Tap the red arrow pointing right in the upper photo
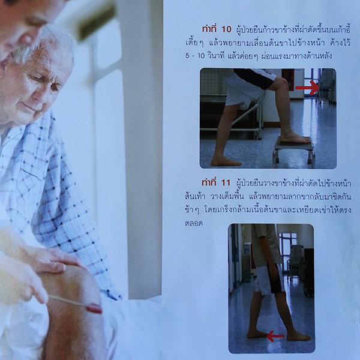pyautogui.click(x=307, y=89)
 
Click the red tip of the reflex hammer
pyautogui.click(x=94, y=308)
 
